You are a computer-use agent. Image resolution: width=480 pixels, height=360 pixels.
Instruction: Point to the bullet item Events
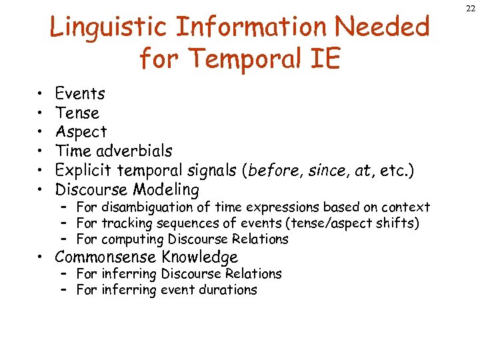[79, 94]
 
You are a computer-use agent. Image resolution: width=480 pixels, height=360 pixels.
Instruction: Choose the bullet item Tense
[77, 113]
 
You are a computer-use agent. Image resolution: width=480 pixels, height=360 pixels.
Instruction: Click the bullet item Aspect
[81, 132]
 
